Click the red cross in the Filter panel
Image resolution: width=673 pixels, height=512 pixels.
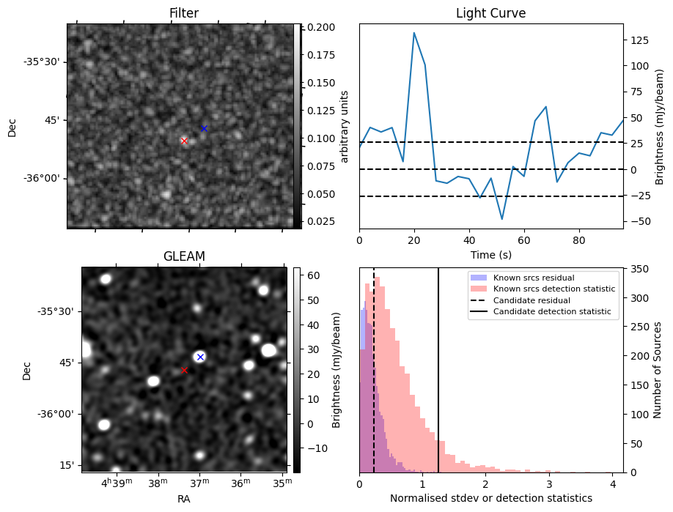point(184,141)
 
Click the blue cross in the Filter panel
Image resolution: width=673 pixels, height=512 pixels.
point(204,128)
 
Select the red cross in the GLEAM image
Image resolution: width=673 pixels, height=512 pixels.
point(184,371)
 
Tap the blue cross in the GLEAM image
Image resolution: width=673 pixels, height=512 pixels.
point(200,357)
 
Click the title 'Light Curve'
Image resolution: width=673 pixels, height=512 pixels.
point(490,13)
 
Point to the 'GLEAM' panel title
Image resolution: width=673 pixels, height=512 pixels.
point(184,256)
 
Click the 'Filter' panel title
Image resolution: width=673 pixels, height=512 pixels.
point(184,13)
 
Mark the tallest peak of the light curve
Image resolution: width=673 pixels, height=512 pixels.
point(414,33)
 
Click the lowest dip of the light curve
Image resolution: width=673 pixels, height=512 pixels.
point(502,219)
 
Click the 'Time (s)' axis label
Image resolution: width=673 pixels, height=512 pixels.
point(490,255)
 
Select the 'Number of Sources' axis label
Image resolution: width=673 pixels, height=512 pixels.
point(658,370)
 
